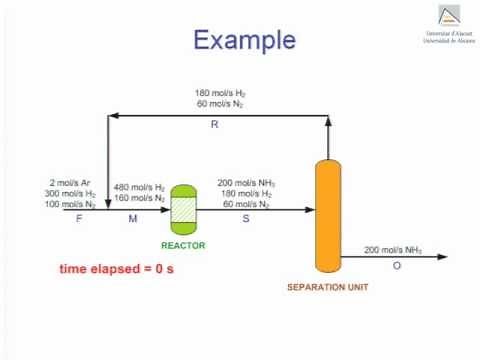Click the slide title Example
(x=245, y=40)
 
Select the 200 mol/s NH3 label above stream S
(x=246, y=183)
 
